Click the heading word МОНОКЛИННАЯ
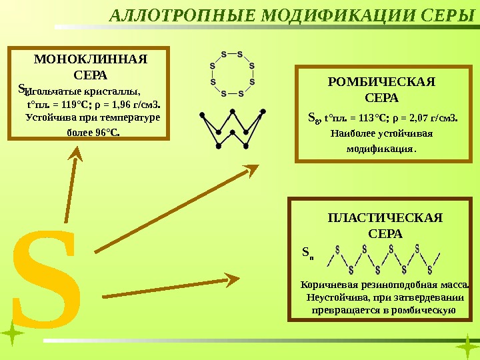(90, 59)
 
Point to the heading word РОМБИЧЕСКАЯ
(382, 82)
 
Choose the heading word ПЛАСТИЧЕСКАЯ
(385, 218)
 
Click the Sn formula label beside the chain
(307, 253)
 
